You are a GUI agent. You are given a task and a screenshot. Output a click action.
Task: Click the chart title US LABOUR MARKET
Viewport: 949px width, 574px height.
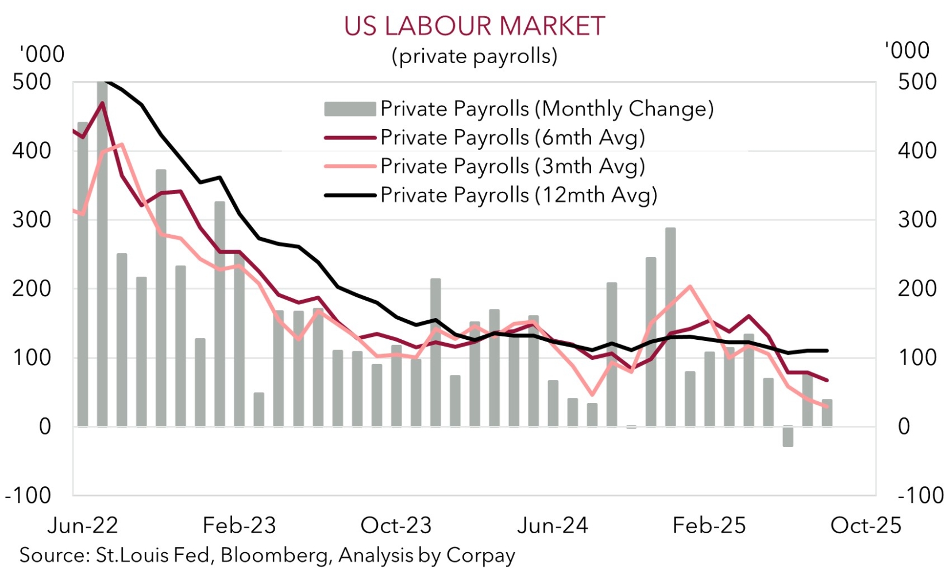coord(475,26)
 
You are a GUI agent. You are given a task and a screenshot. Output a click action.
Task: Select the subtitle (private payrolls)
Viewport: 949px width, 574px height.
coord(475,56)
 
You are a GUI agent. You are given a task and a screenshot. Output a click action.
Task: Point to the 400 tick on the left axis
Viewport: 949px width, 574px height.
coord(32,151)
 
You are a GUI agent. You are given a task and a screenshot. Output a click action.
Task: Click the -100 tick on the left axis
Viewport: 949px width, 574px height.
coord(28,495)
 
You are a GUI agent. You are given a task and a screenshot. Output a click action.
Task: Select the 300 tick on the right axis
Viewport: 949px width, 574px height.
coord(917,220)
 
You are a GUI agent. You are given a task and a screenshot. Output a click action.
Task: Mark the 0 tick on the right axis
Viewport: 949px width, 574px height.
coord(904,426)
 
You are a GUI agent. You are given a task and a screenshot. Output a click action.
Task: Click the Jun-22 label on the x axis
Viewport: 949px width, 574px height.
coord(83,526)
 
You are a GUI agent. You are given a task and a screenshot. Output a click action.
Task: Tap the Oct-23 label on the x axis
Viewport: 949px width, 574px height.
coord(396,526)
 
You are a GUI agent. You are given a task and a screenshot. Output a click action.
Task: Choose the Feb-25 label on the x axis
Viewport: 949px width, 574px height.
coord(709,526)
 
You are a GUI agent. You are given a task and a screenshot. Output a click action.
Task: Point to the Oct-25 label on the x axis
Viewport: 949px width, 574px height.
coord(866,526)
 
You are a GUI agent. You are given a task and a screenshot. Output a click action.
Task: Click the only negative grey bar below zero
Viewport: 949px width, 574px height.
coord(788,437)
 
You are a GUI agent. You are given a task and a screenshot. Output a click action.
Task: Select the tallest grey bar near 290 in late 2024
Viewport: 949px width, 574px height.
coord(670,327)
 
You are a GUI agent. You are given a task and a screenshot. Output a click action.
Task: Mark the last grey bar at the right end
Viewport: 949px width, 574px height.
coord(827,413)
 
